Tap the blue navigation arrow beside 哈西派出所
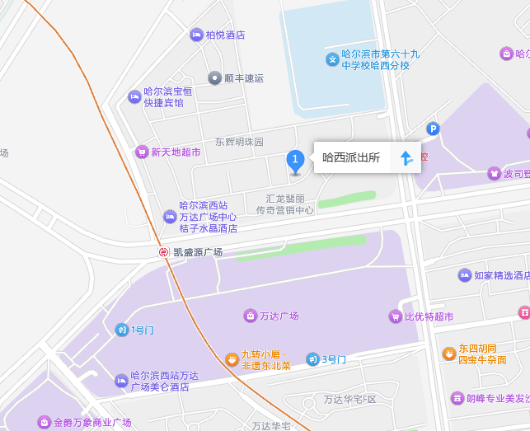(406, 158)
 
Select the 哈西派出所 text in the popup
(350, 158)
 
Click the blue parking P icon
(433, 129)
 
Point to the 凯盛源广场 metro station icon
(164, 252)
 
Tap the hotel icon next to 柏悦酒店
(196, 35)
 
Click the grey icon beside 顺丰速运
(214, 78)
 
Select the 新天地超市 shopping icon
(142, 152)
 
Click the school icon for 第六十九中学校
(332, 59)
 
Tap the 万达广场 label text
(279, 316)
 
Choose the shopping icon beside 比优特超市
(395, 316)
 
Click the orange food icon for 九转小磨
(232, 359)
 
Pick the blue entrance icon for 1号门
(121, 330)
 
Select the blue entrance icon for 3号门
(312, 359)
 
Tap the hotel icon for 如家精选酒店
(464, 275)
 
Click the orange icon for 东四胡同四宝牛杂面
(448, 354)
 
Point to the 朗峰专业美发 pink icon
(457, 398)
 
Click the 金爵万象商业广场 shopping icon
(43, 422)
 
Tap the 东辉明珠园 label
(239, 142)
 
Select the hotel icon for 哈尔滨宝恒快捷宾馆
(134, 96)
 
